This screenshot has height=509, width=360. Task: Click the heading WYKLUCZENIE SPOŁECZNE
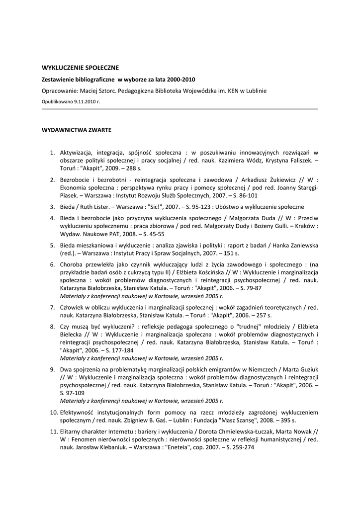pos(80,68)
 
